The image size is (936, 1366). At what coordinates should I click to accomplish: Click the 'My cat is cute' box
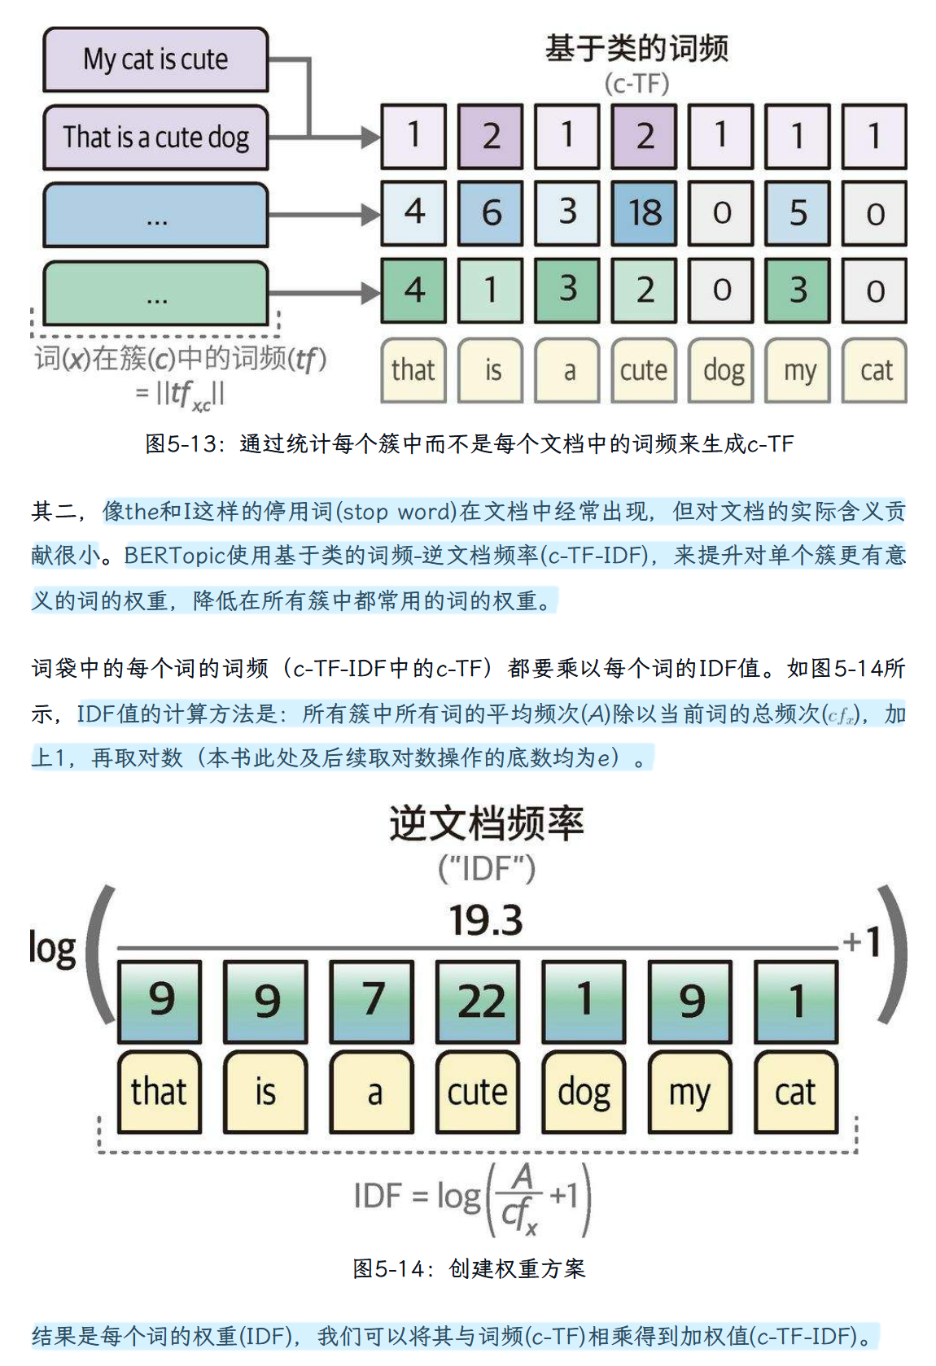click(x=155, y=59)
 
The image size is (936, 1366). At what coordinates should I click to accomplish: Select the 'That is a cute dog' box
click(x=155, y=137)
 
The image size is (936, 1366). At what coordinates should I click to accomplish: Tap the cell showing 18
click(x=644, y=214)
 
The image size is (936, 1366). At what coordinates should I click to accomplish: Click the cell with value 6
click(x=491, y=214)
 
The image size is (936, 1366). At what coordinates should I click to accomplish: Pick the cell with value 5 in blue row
click(x=798, y=214)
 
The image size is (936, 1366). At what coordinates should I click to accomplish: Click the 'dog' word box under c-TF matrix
click(x=721, y=371)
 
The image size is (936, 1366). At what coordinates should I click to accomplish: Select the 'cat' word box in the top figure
click(x=875, y=371)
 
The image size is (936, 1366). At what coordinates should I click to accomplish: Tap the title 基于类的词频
click(x=636, y=48)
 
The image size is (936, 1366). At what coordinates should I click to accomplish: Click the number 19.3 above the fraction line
click(x=485, y=920)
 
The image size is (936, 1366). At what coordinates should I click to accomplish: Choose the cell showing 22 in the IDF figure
click(x=478, y=1002)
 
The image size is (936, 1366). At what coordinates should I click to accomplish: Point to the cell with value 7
click(x=372, y=1002)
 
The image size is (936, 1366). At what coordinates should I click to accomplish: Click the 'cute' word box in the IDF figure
click(x=478, y=1092)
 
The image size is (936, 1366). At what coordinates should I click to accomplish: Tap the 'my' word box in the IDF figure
click(x=689, y=1092)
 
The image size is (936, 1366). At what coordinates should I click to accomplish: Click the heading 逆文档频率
click(x=487, y=824)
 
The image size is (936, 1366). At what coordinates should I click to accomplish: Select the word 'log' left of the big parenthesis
click(x=53, y=949)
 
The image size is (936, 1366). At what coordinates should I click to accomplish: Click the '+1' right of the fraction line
click(x=862, y=942)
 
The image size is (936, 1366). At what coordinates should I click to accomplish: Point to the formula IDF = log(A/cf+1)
click(x=472, y=1198)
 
